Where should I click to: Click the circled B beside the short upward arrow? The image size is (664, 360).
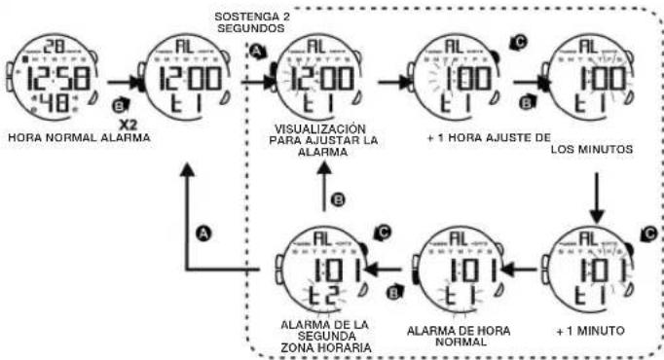(339, 200)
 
